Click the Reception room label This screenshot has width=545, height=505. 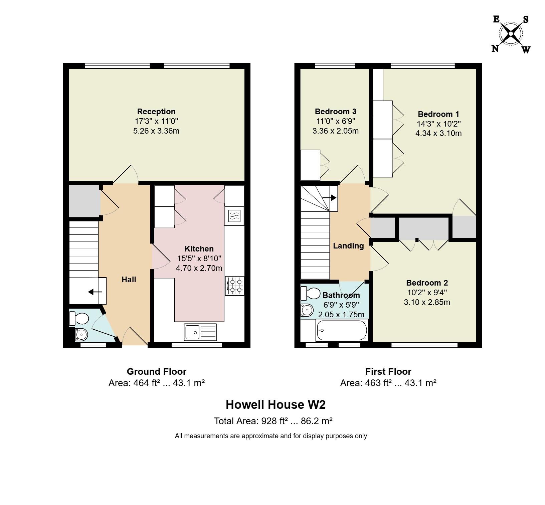pos(156,112)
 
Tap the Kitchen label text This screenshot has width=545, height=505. pos(199,249)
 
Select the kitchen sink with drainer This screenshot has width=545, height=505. pos(200,332)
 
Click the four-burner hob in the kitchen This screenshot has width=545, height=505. pos(235,286)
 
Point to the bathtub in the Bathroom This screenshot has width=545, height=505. pos(342,330)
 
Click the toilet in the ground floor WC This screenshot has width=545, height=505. pos(78,318)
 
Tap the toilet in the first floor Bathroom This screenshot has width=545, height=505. pos(311,293)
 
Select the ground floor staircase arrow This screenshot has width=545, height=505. pos(95,292)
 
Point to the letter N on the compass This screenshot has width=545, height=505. pos(495,49)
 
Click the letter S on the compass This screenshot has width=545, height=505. pos(526,20)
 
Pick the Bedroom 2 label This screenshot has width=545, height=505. pos(427,283)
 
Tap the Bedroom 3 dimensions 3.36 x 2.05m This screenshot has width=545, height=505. pos(336,131)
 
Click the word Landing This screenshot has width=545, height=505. pos(348,246)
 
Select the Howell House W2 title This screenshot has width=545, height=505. pos(276,404)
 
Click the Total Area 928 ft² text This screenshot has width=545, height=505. pos(273,421)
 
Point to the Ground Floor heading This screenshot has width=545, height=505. pos(157,371)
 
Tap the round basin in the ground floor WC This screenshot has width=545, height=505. pos(81,334)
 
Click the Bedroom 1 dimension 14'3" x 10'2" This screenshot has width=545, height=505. pos(438,124)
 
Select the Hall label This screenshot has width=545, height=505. pos(129,280)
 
